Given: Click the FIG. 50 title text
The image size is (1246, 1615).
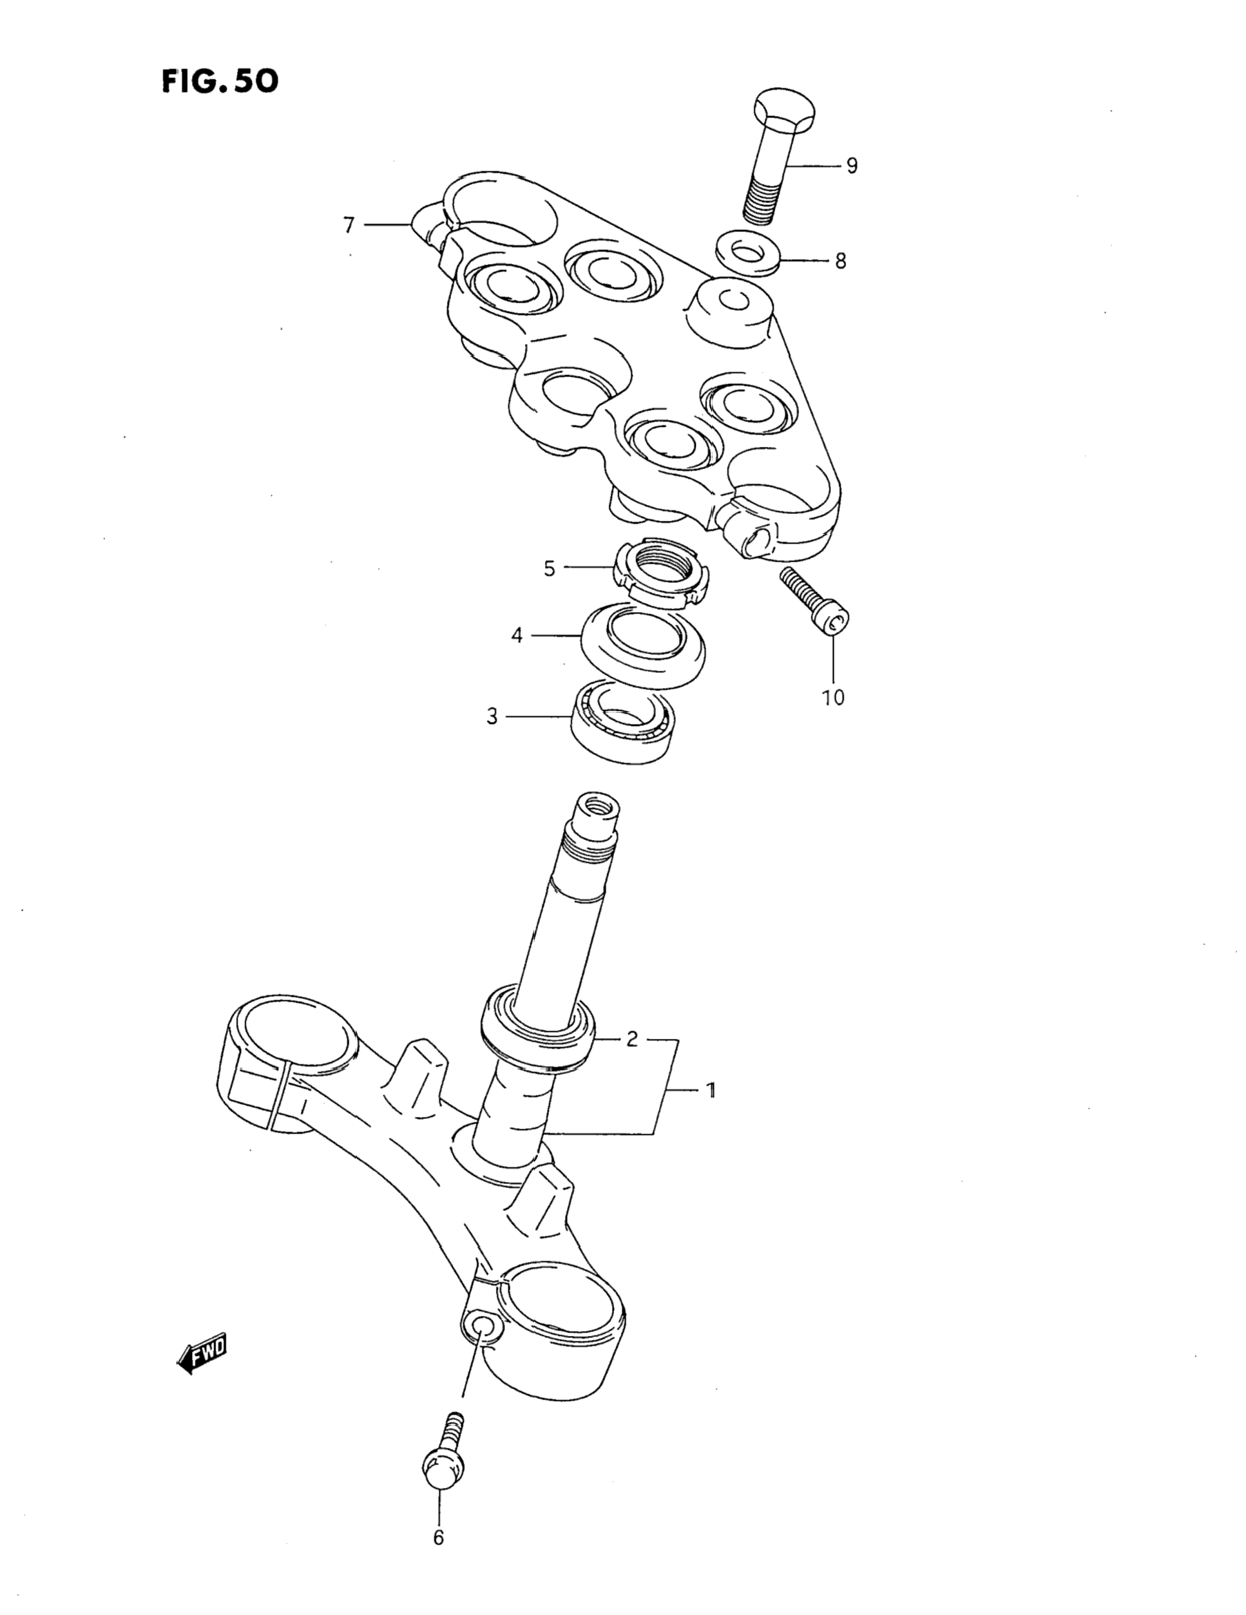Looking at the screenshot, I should [220, 81].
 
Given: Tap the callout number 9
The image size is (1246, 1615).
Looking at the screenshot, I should [851, 166].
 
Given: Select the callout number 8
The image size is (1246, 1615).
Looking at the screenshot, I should [840, 261].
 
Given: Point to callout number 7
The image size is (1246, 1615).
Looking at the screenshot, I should [349, 224].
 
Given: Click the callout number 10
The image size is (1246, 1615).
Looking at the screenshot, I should [833, 697].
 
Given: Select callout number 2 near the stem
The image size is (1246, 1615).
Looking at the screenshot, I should [631, 1039].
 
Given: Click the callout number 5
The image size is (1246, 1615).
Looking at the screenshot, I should [548, 568].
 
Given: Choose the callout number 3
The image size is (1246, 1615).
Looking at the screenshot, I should [492, 716].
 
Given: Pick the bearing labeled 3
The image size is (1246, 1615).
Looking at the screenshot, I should [624, 721].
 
